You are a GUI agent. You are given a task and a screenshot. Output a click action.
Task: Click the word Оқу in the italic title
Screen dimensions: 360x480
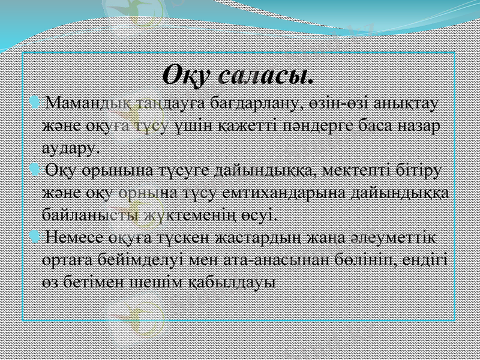186,76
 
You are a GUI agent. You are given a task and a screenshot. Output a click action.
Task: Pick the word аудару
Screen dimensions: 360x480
73,147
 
